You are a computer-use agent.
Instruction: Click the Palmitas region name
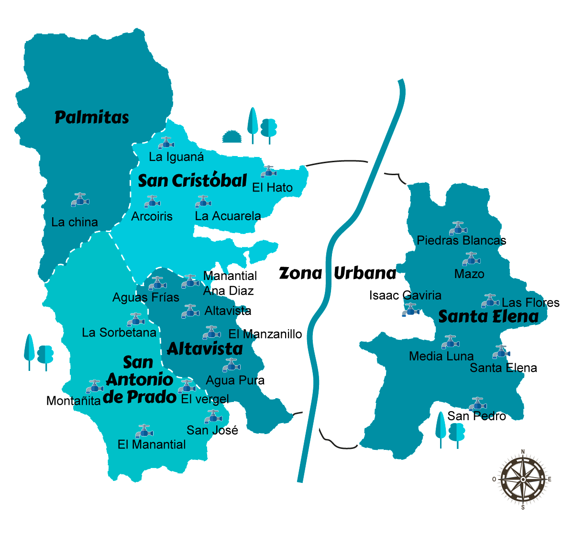(x=92, y=117)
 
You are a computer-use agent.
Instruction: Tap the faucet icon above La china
(x=80, y=200)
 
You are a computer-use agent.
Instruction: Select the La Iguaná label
(x=176, y=156)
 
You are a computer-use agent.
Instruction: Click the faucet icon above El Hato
(x=269, y=172)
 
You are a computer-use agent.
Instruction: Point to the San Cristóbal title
(x=192, y=181)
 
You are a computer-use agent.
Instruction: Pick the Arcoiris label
(x=152, y=216)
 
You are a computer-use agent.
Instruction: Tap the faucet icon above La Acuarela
(x=203, y=201)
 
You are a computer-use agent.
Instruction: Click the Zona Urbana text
(x=337, y=273)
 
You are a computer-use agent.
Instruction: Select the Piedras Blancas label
(x=461, y=240)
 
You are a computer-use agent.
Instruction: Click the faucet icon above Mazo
(x=471, y=259)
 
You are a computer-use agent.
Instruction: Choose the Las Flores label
(x=530, y=302)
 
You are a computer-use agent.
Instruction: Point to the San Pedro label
(x=476, y=416)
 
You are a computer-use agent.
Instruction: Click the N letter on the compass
(x=523, y=451)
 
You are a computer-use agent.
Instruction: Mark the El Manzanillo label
(x=265, y=334)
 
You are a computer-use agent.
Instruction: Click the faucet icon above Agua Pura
(x=231, y=365)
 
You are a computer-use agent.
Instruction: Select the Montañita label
(x=74, y=401)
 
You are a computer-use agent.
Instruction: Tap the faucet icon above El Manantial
(x=143, y=431)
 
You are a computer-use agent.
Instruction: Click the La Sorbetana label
(x=119, y=332)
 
